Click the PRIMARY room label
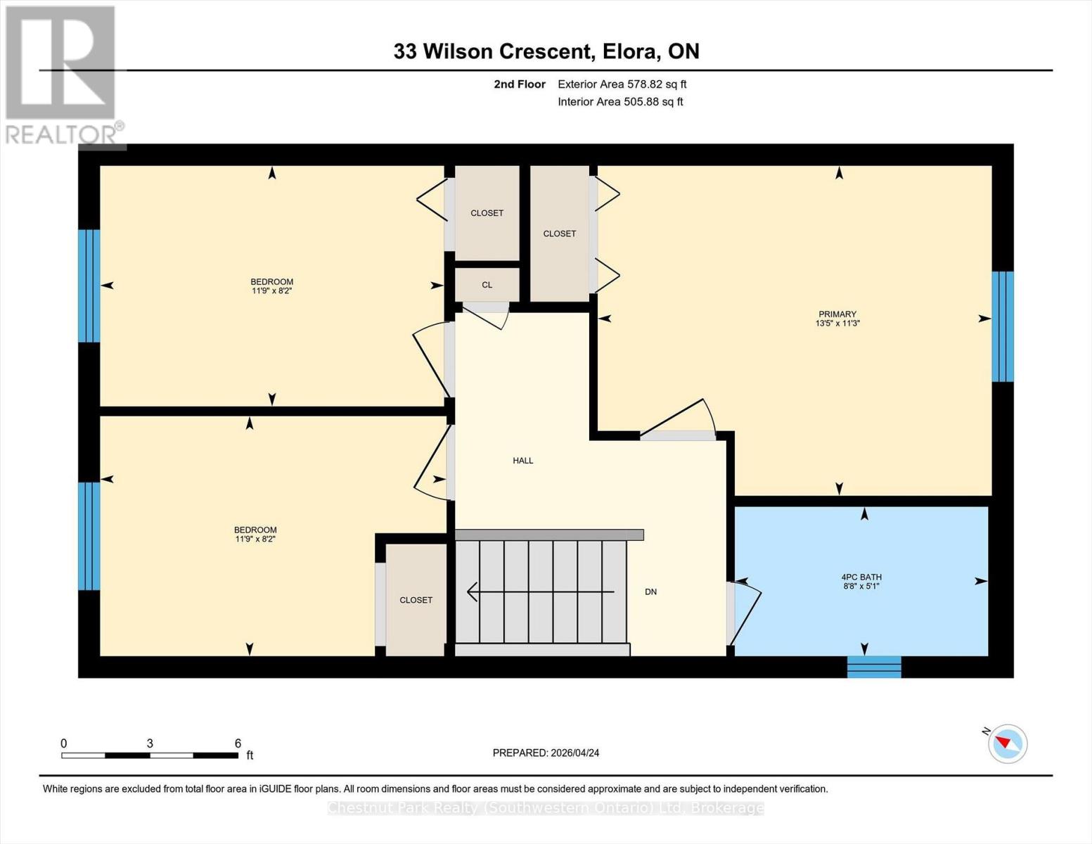(x=837, y=314)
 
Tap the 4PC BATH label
(x=861, y=577)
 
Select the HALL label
(x=522, y=461)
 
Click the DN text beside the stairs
(x=650, y=592)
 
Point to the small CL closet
(x=487, y=285)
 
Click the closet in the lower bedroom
(x=416, y=600)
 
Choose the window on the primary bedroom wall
(x=1003, y=326)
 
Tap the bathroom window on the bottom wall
(x=874, y=667)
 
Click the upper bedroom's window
(x=89, y=286)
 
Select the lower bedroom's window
(x=89, y=536)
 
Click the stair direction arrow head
(x=472, y=592)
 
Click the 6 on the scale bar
(x=238, y=743)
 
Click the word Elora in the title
(x=627, y=51)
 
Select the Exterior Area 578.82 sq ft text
(x=622, y=84)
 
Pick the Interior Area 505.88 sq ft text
(x=620, y=102)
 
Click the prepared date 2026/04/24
(x=574, y=753)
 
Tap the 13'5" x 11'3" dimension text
(x=837, y=324)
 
